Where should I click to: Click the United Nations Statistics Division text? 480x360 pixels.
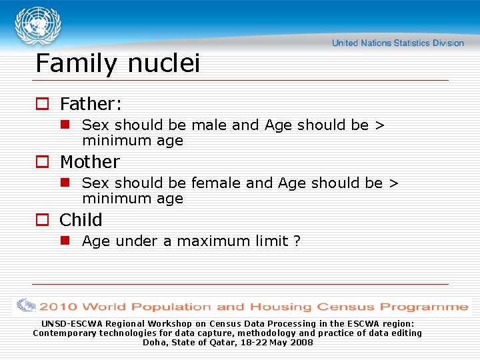(x=397, y=43)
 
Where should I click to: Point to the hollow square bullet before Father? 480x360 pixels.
(x=42, y=104)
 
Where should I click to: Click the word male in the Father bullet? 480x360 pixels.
(x=209, y=125)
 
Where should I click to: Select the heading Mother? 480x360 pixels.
(x=89, y=162)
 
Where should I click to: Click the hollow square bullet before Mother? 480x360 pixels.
(x=42, y=162)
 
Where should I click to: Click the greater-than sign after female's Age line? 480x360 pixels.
(x=393, y=183)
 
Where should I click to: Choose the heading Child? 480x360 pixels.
(x=81, y=220)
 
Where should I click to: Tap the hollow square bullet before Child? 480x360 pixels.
(x=42, y=220)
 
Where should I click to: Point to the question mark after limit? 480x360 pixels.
(x=297, y=241)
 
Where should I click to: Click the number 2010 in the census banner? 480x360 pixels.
(x=59, y=307)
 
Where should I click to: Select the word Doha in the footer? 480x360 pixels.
(x=154, y=343)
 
